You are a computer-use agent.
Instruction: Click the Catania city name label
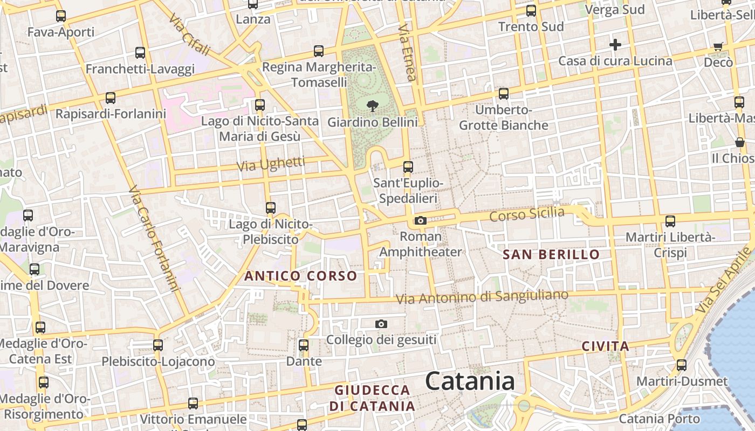[x=470, y=381]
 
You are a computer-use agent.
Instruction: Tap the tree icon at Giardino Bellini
[x=372, y=106]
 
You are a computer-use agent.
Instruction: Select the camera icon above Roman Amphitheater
[x=421, y=220]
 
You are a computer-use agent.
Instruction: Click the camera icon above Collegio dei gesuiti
[x=381, y=324]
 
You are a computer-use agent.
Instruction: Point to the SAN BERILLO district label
[x=551, y=254]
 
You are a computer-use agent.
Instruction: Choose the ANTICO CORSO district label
[x=301, y=276]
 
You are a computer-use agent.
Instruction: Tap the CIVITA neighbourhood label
[x=606, y=346]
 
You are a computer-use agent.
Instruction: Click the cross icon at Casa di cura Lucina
[x=615, y=45]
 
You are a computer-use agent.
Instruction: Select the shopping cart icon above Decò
[x=718, y=46]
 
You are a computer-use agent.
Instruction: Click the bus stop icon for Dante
[x=304, y=345]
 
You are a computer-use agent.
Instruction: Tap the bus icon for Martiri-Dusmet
[x=682, y=365]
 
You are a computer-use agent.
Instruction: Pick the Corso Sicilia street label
[x=527, y=214]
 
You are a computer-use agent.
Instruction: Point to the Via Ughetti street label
[x=271, y=164]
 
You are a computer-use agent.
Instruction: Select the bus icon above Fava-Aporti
[x=61, y=16]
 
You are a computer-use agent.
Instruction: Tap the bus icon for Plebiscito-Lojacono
[x=158, y=345]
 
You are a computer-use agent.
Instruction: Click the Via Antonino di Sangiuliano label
[x=482, y=296]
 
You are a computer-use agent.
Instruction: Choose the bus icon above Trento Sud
[x=531, y=11]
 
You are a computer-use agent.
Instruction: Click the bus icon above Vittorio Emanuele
[x=193, y=403]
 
